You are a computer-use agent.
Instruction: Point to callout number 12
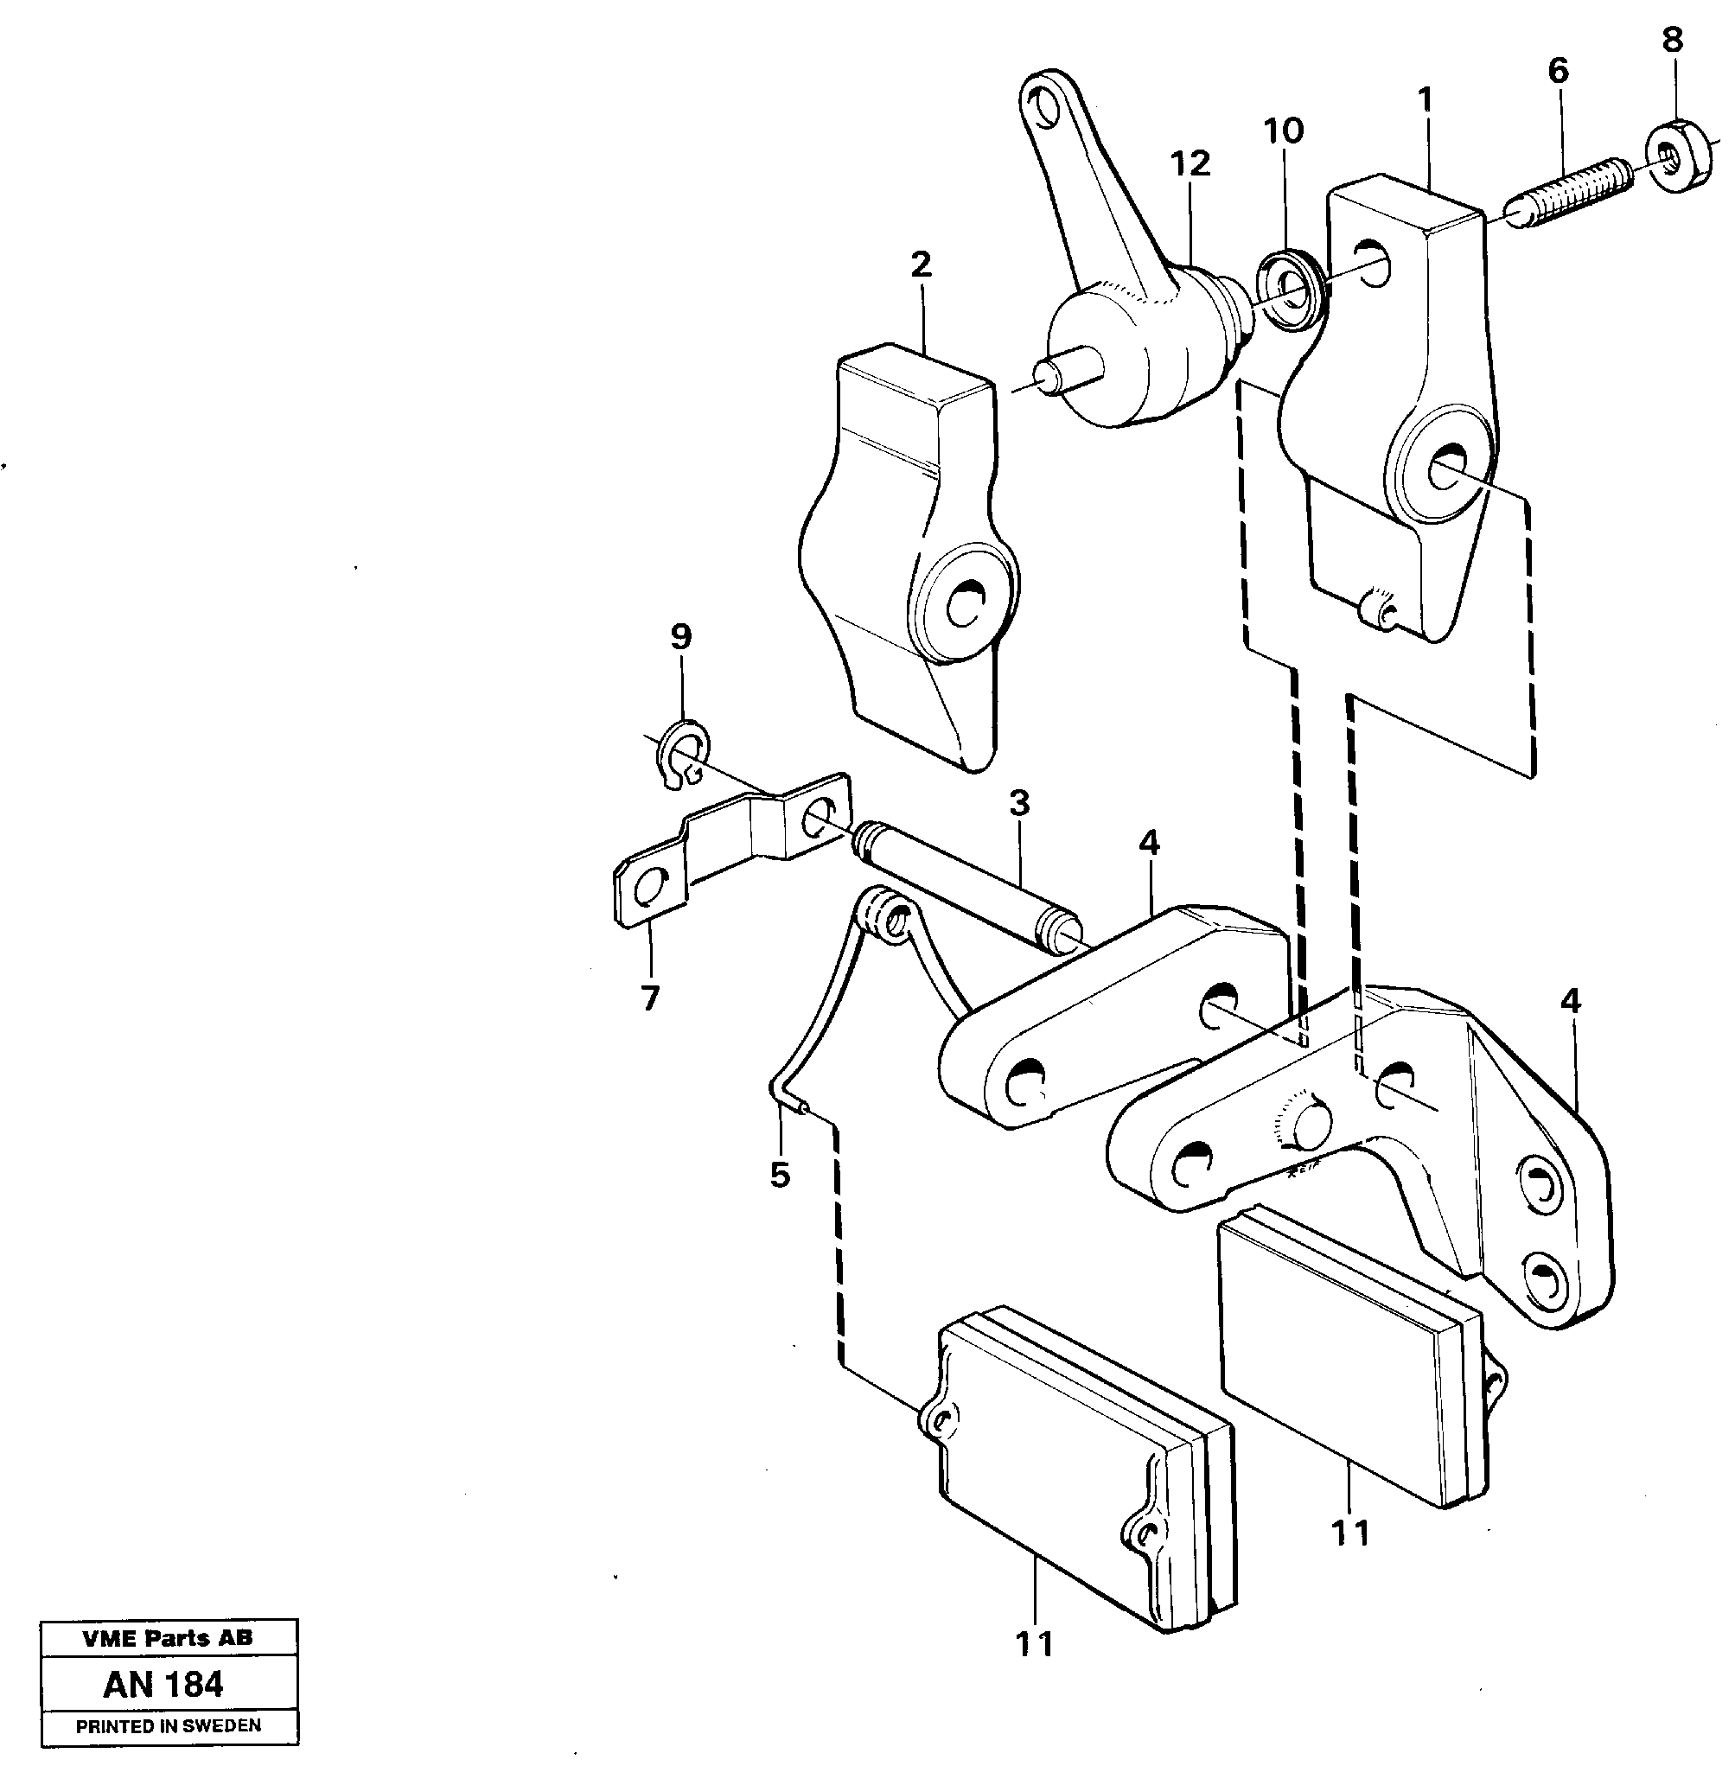tap(1191, 164)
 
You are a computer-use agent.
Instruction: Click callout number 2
tap(922, 265)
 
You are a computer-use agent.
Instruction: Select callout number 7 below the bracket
tap(649, 998)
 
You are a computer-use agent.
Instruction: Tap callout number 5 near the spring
tap(779, 1175)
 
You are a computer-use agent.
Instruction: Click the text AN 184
tap(164, 1684)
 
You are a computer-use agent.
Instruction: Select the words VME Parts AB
tap(168, 1637)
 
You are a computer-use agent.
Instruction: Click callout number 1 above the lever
tap(1426, 99)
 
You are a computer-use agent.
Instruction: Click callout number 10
tap(1284, 131)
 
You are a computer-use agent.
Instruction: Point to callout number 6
tap(1559, 70)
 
